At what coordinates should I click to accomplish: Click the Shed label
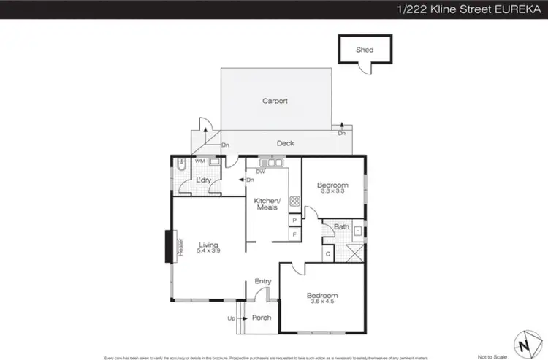click(364, 50)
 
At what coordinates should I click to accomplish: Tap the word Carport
click(275, 101)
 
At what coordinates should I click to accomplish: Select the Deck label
click(286, 143)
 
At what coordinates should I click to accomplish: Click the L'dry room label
click(202, 180)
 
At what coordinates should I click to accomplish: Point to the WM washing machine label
click(199, 161)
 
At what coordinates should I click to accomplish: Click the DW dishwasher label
click(259, 171)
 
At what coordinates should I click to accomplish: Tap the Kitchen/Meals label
click(267, 204)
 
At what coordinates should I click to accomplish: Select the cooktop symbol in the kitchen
click(294, 201)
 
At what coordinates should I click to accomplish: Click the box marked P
click(294, 220)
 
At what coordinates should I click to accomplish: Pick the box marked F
click(294, 234)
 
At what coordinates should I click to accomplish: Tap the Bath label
click(341, 227)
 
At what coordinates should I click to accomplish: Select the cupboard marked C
click(328, 253)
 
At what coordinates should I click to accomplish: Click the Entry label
click(262, 281)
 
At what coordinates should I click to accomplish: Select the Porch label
click(261, 318)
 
